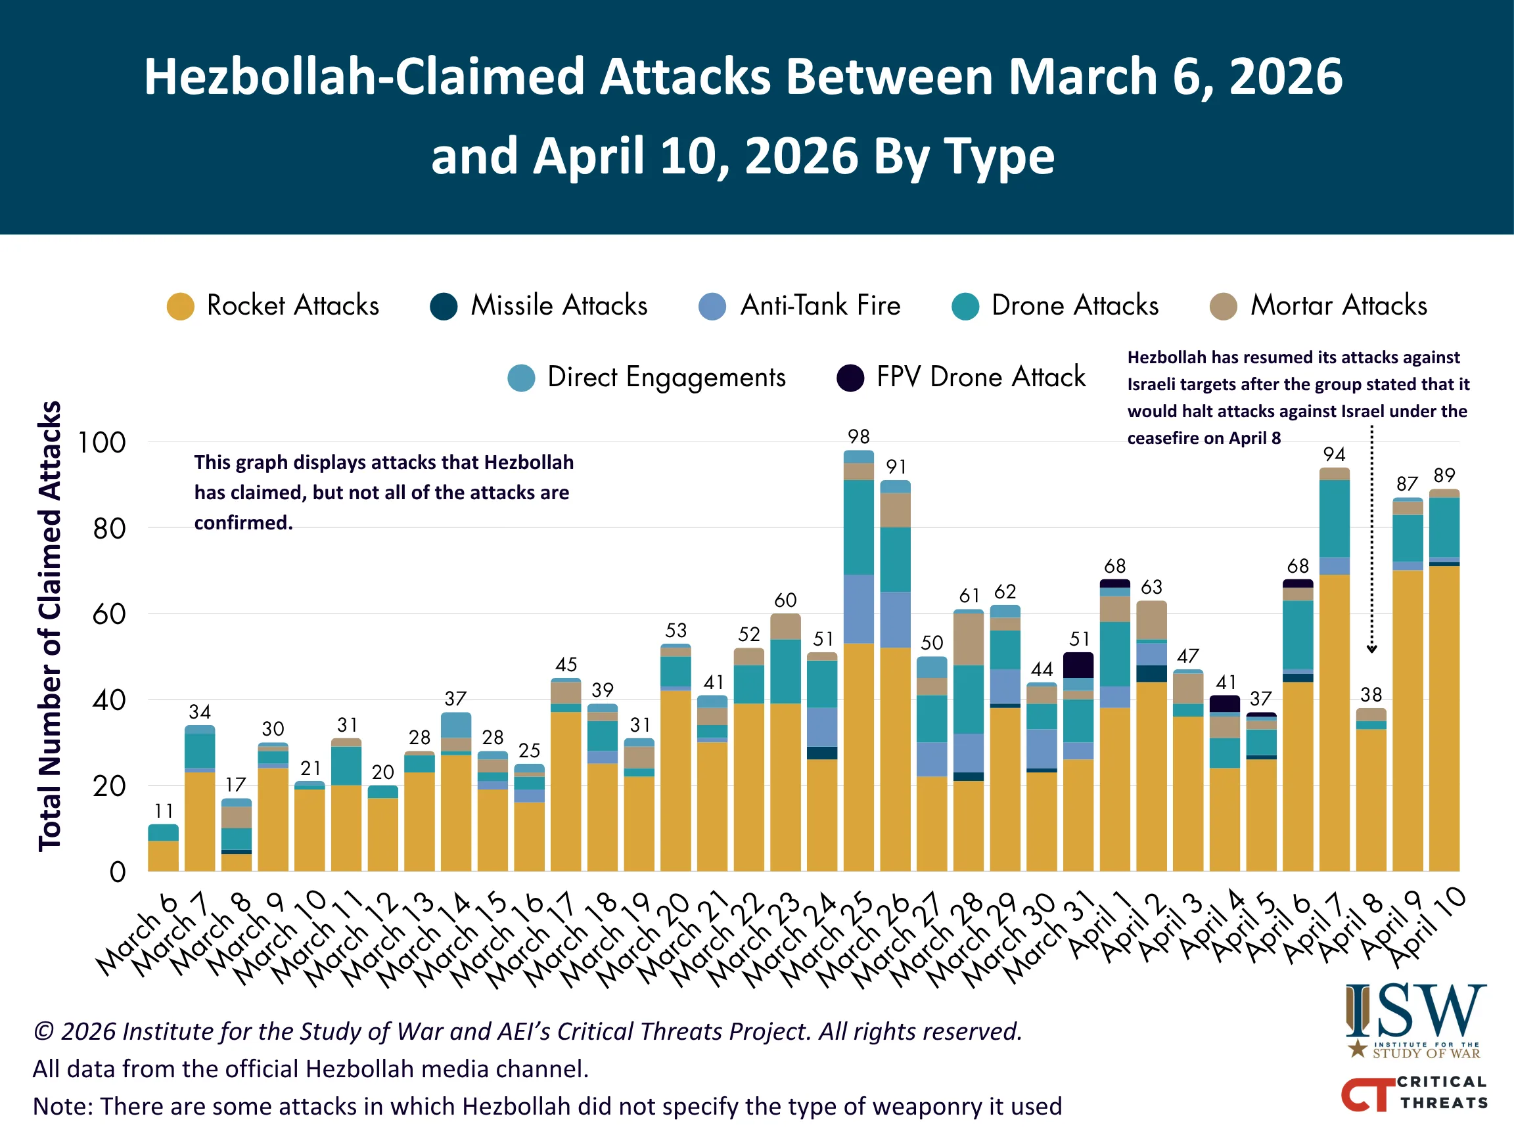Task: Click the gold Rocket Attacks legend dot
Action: tap(181, 306)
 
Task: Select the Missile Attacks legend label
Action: tap(559, 305)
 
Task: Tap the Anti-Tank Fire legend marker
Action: tap(712, 306)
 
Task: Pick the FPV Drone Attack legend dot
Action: tap(850, 378)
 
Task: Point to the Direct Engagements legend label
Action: tap(667, 378)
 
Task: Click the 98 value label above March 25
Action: tap(858, 437)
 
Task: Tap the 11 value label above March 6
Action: tap(164, 811)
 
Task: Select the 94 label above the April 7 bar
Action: tap(1334, 455)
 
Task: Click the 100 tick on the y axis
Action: tap(101, 443)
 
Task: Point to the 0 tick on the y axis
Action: tap(118, 872)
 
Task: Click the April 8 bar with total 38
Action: tap(1371, 790)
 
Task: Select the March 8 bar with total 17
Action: tap(236, 835)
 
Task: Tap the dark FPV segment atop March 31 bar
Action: tap(1078, 665)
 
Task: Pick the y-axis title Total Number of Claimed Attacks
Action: tap(50, 625)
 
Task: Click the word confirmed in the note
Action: tap(243, 523)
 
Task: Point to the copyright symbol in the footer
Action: tap(44, 1031)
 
